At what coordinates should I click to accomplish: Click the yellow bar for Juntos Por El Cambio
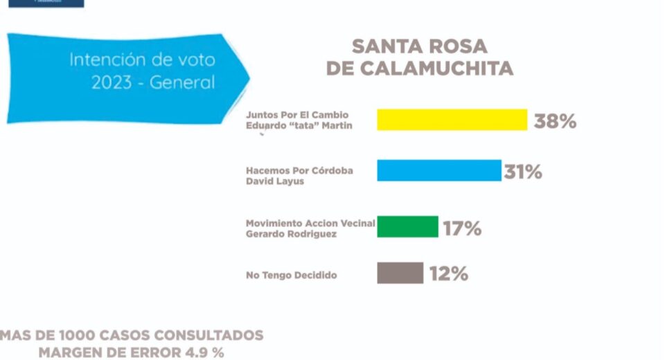click(x=452, y=120)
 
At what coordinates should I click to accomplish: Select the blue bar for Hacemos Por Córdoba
click(x=438, y=170)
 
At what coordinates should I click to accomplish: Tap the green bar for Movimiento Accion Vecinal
click(x=407, y=226)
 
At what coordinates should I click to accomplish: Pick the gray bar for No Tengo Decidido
click(x=400, y=273)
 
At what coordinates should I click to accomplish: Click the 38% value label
click(x=555, y=121)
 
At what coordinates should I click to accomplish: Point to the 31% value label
click(x=523, y=172)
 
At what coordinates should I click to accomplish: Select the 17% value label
click(x=462, y=228)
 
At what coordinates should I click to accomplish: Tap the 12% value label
click(x=448, y=273)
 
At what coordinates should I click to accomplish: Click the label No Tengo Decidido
click(x=291, y=276)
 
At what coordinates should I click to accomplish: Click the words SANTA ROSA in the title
click(x=420, y=47)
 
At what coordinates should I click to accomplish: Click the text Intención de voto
click(x=142, y=60)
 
